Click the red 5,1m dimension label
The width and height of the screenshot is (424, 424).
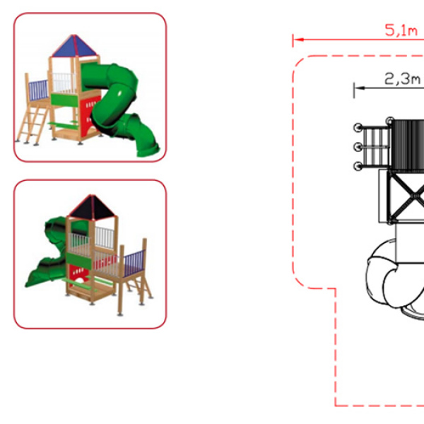pos(401,30)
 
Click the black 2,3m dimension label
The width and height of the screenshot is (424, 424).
pos(402,79)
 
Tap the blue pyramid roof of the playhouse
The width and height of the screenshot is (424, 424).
pos(74,45)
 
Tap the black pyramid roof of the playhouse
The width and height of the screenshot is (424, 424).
pos(92,206)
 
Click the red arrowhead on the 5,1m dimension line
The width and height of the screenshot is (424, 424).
pos(298,40)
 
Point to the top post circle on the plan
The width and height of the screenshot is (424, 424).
pos(390,121)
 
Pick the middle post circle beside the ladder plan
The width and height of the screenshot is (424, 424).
pos(358,147)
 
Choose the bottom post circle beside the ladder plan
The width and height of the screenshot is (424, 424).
pos(358,166)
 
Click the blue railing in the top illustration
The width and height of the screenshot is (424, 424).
pos(38,90)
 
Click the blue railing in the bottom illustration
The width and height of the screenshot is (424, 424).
pos(134,263)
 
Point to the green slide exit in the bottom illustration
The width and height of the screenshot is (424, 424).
pos(34,277)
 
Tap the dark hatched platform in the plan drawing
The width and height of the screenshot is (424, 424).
pos(408,146)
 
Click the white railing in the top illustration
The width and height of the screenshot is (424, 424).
pos(64,82)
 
